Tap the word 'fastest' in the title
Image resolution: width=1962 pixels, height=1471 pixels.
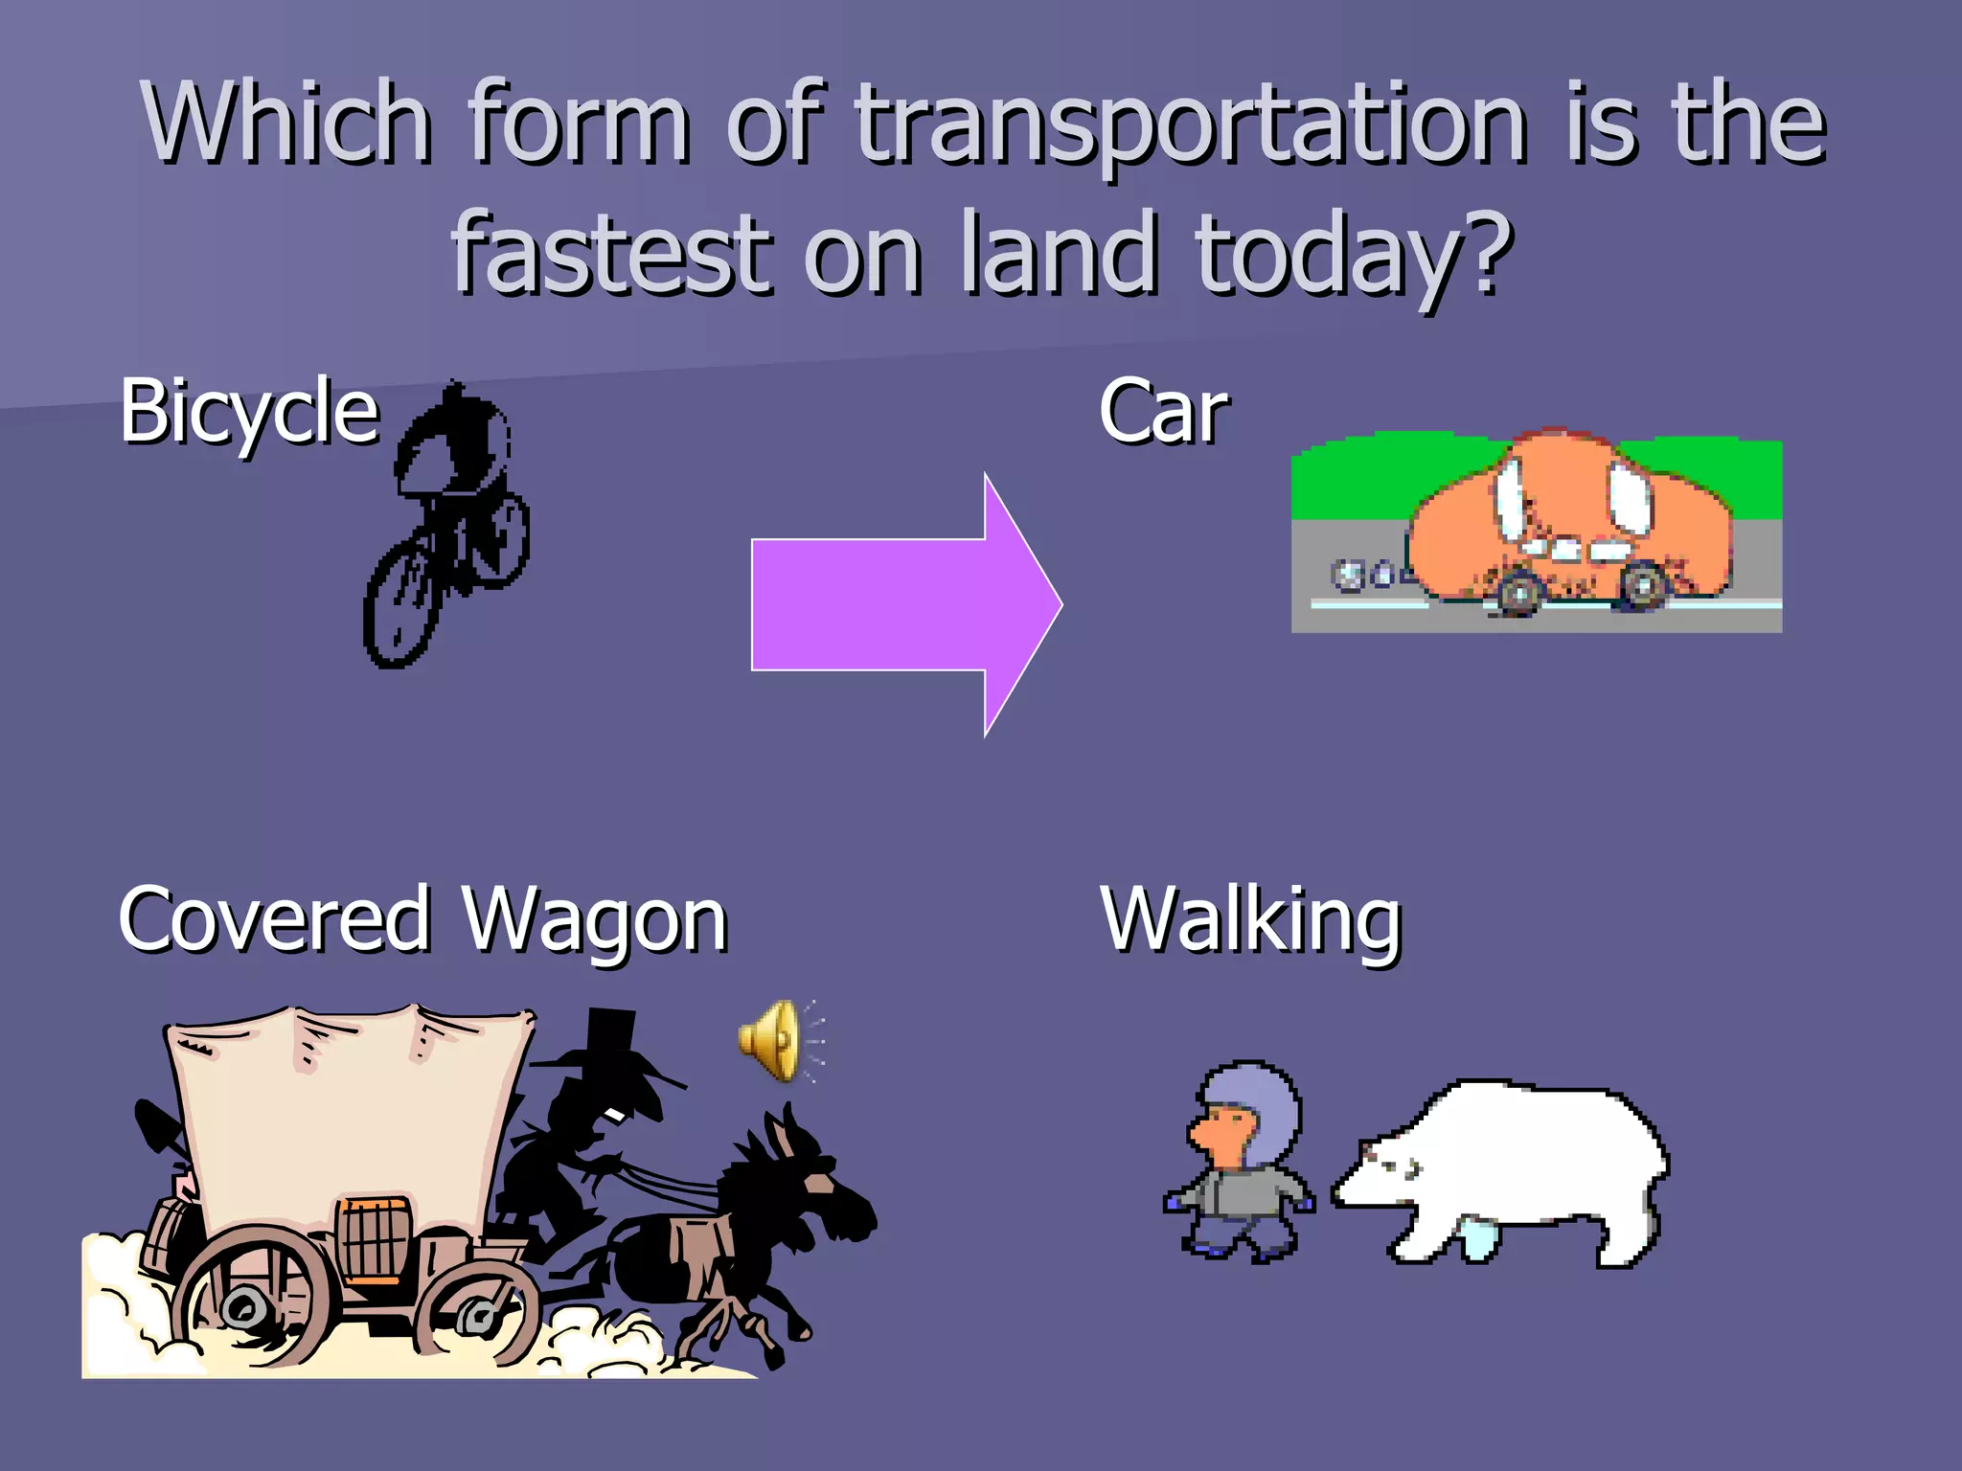[x=611, y=253]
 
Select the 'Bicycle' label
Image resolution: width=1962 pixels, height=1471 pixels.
[x=249, y=412]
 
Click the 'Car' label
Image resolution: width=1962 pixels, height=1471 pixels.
[x=1163, y=412]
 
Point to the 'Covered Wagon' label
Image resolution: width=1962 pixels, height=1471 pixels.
[x=422, y=919]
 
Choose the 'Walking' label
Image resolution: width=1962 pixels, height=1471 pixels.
[x=1250, y=919]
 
